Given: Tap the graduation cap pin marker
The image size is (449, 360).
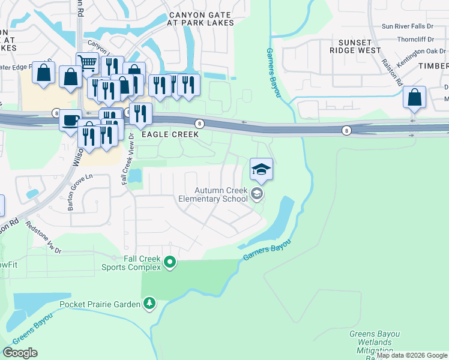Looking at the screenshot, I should (261, 169).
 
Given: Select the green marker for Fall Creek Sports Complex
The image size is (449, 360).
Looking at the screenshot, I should (170, 262).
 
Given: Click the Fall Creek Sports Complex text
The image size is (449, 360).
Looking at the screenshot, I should (143, 262).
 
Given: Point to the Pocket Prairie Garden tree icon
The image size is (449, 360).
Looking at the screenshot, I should (149, 304).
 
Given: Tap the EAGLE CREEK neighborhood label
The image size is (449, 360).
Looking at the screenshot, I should (169, 136).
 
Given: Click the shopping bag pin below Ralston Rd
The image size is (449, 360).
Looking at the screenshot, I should (414, 97).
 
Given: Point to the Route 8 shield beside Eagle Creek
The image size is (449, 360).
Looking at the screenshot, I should (199, 123).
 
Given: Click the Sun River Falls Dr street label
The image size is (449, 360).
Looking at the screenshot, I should (414, 26).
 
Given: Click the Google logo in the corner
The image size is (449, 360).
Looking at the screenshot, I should (20, 353).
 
